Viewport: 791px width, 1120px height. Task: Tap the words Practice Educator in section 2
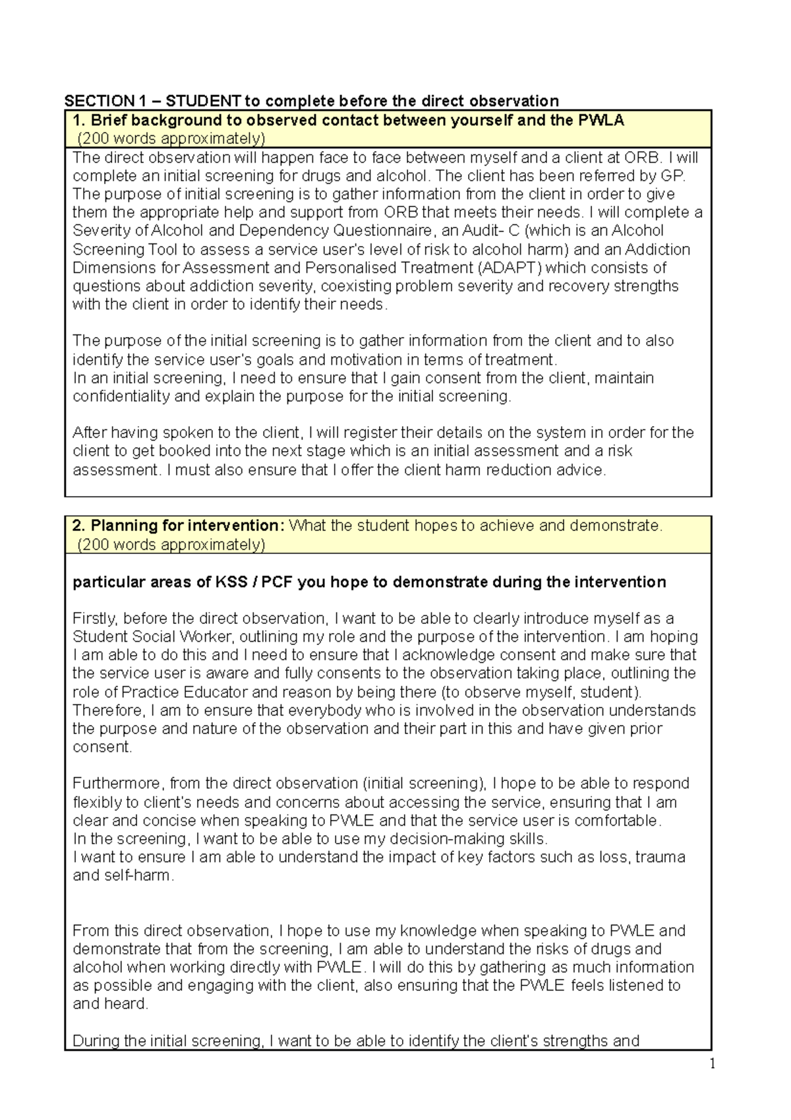click(x=185, y=693)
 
